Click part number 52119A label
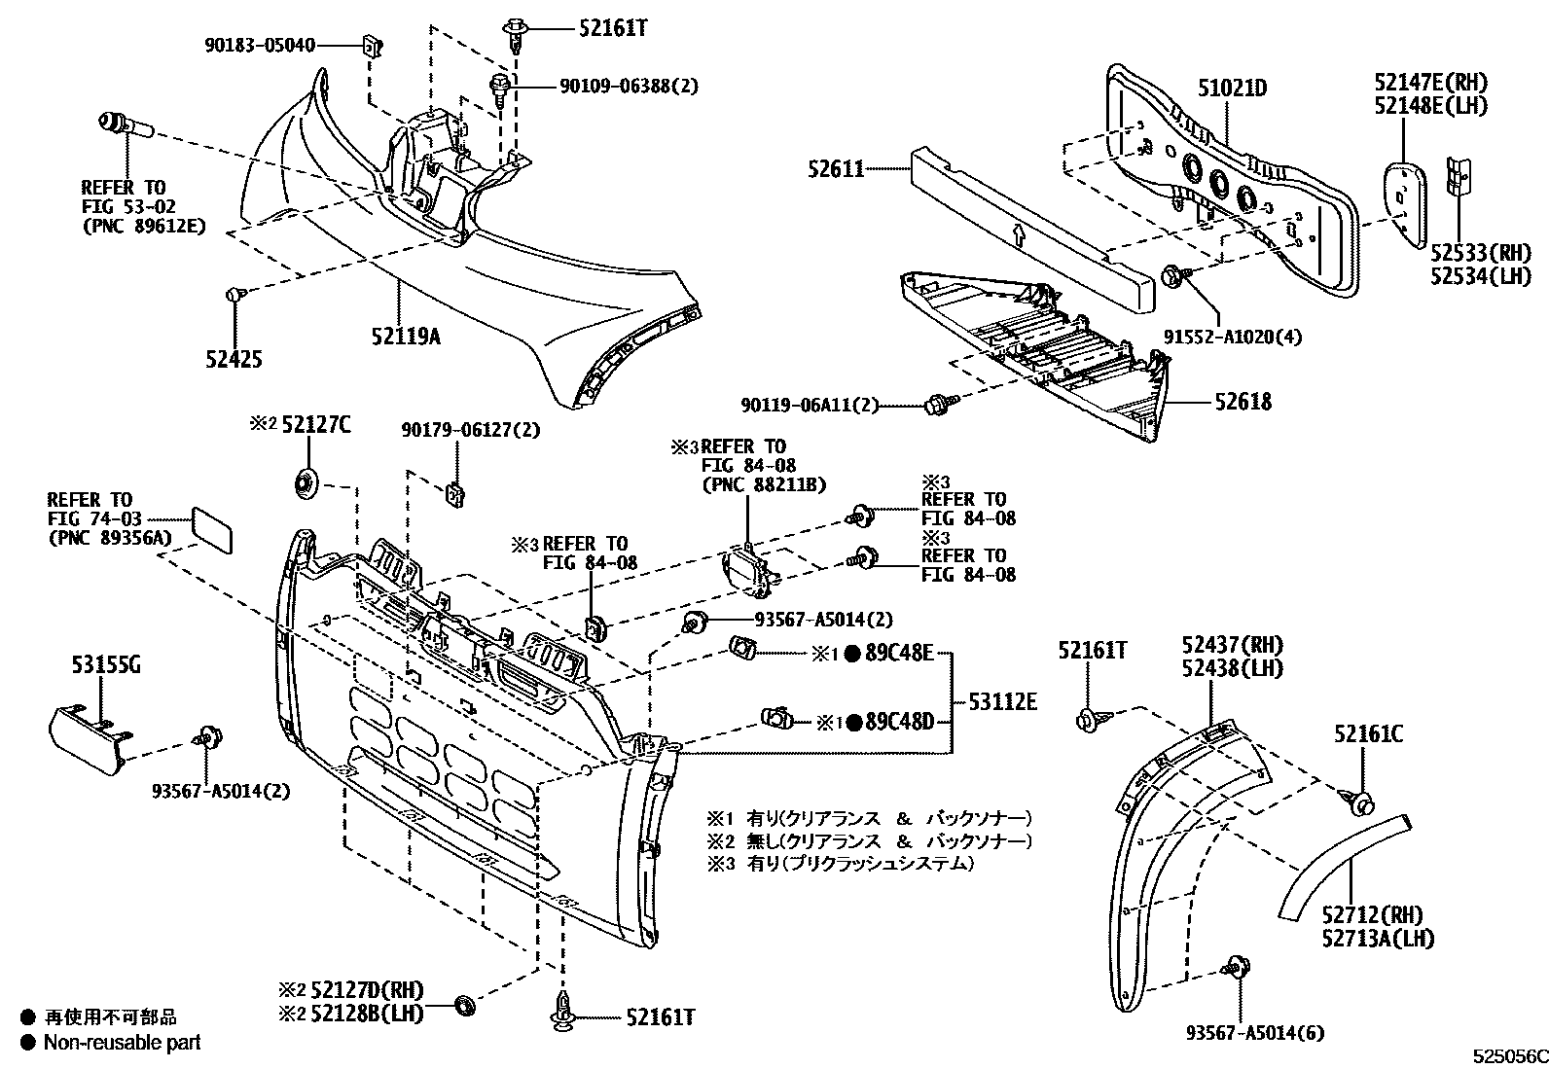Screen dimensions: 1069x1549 (x=405, y=337)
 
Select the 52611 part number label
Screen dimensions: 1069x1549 (x=835, y=169)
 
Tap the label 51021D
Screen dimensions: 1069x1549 (x=1232, y=89)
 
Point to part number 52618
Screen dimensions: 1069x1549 (x=1242, y=402)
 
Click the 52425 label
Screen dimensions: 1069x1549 (x=234, y=359)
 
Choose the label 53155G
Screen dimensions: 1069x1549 (x=105, y=666)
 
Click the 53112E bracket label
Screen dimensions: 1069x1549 (x=1001, y=700)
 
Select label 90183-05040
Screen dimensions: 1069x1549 (x=260, y=45)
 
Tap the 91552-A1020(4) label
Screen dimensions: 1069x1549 (x=1233, y=337)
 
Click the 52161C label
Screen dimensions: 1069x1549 (x=1368, y=734)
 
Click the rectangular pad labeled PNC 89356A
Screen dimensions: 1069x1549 (x=211, y=529)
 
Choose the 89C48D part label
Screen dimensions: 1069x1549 (x=900, y=722)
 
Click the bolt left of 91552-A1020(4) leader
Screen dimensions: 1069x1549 (x=1174, y=277)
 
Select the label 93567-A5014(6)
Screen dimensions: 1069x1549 (x=1255, y=1033)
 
